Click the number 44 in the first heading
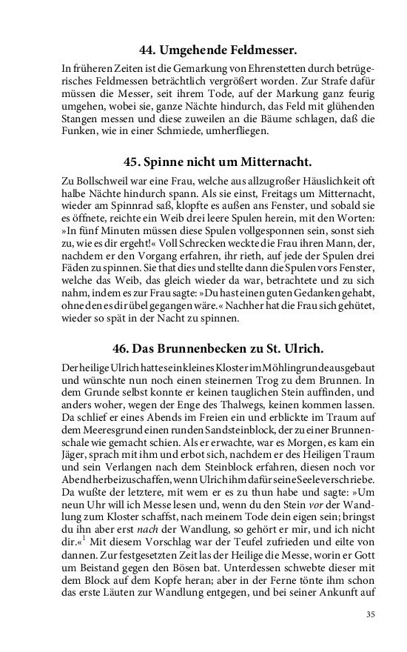point(148,51)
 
